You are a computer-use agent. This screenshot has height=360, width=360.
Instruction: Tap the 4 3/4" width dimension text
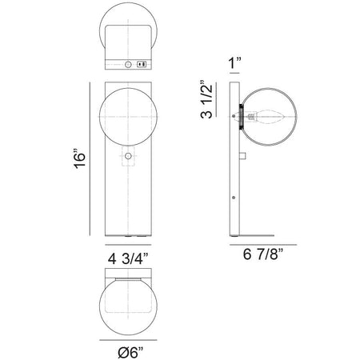[128, 258]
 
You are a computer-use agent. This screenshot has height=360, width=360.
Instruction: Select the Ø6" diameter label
[130, 353]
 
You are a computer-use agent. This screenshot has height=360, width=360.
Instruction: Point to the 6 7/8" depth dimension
[262, 254]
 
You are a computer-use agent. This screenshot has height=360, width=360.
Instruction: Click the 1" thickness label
[234, 63]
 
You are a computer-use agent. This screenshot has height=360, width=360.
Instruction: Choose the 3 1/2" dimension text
[206, 99]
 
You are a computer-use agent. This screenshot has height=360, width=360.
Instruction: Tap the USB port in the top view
[142, 64]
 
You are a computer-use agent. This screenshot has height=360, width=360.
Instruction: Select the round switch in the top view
[128, 64]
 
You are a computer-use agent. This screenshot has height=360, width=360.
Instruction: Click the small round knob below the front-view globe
[128, 156]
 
